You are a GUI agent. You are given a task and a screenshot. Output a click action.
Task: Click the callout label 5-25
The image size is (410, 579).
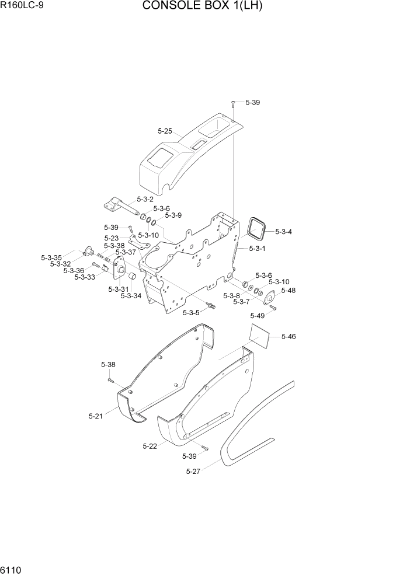(x=165, y=131)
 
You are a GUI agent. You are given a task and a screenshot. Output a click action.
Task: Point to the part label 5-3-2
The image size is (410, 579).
(x=145, y=199)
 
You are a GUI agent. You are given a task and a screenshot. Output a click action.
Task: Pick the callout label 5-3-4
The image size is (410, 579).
(x=283, y=232)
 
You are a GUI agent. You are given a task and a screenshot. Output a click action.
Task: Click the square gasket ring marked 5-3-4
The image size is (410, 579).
(x=256, y=228)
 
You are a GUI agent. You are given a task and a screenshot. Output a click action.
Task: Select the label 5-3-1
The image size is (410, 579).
(x=258, y=249)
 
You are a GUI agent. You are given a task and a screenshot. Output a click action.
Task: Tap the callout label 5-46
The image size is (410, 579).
(x=289, y=336)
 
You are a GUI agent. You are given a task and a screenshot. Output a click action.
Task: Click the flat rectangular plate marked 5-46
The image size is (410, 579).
(x=260, y=338)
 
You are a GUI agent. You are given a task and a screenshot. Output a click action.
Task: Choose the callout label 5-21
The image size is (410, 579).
(x=95, y=416)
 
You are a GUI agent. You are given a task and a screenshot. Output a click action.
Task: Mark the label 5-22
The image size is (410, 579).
(x=150, y=446)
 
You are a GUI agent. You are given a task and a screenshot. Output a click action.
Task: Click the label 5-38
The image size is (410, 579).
(x=108, y=365)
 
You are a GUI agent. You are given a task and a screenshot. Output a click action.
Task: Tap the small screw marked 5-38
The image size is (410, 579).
(x=110, y=380)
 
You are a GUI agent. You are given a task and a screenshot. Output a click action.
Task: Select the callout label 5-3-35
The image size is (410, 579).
(x=51, y=257)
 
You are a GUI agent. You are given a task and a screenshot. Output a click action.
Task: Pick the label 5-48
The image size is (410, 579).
(x=288, y=290)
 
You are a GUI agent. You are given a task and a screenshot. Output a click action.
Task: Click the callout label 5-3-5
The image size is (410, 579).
(x=192, y=313)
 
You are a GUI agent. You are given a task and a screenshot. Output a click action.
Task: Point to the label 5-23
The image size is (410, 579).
(x=112, y=238)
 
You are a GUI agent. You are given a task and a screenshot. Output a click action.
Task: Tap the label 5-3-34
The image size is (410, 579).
(x=131, y=296)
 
